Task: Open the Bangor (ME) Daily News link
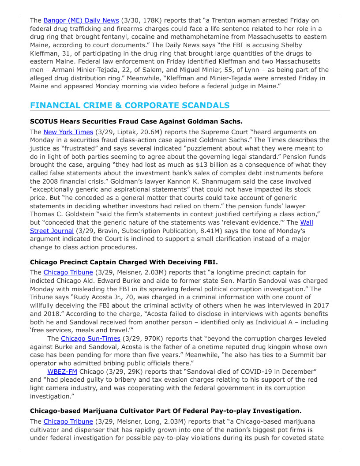click(81, 20)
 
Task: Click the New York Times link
click(68, 132)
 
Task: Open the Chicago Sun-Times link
click(90, 338)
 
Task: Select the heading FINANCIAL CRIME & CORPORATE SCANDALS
click(130, 105)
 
